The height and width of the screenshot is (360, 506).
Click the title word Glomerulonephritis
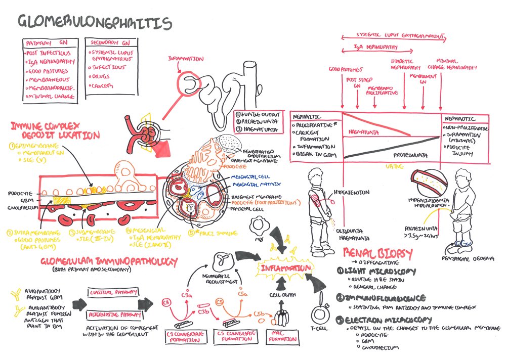(x=95, y=22)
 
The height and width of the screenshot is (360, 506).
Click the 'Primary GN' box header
(x=49, y=43)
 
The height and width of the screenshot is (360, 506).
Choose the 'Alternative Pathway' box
(x=113, y=314)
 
